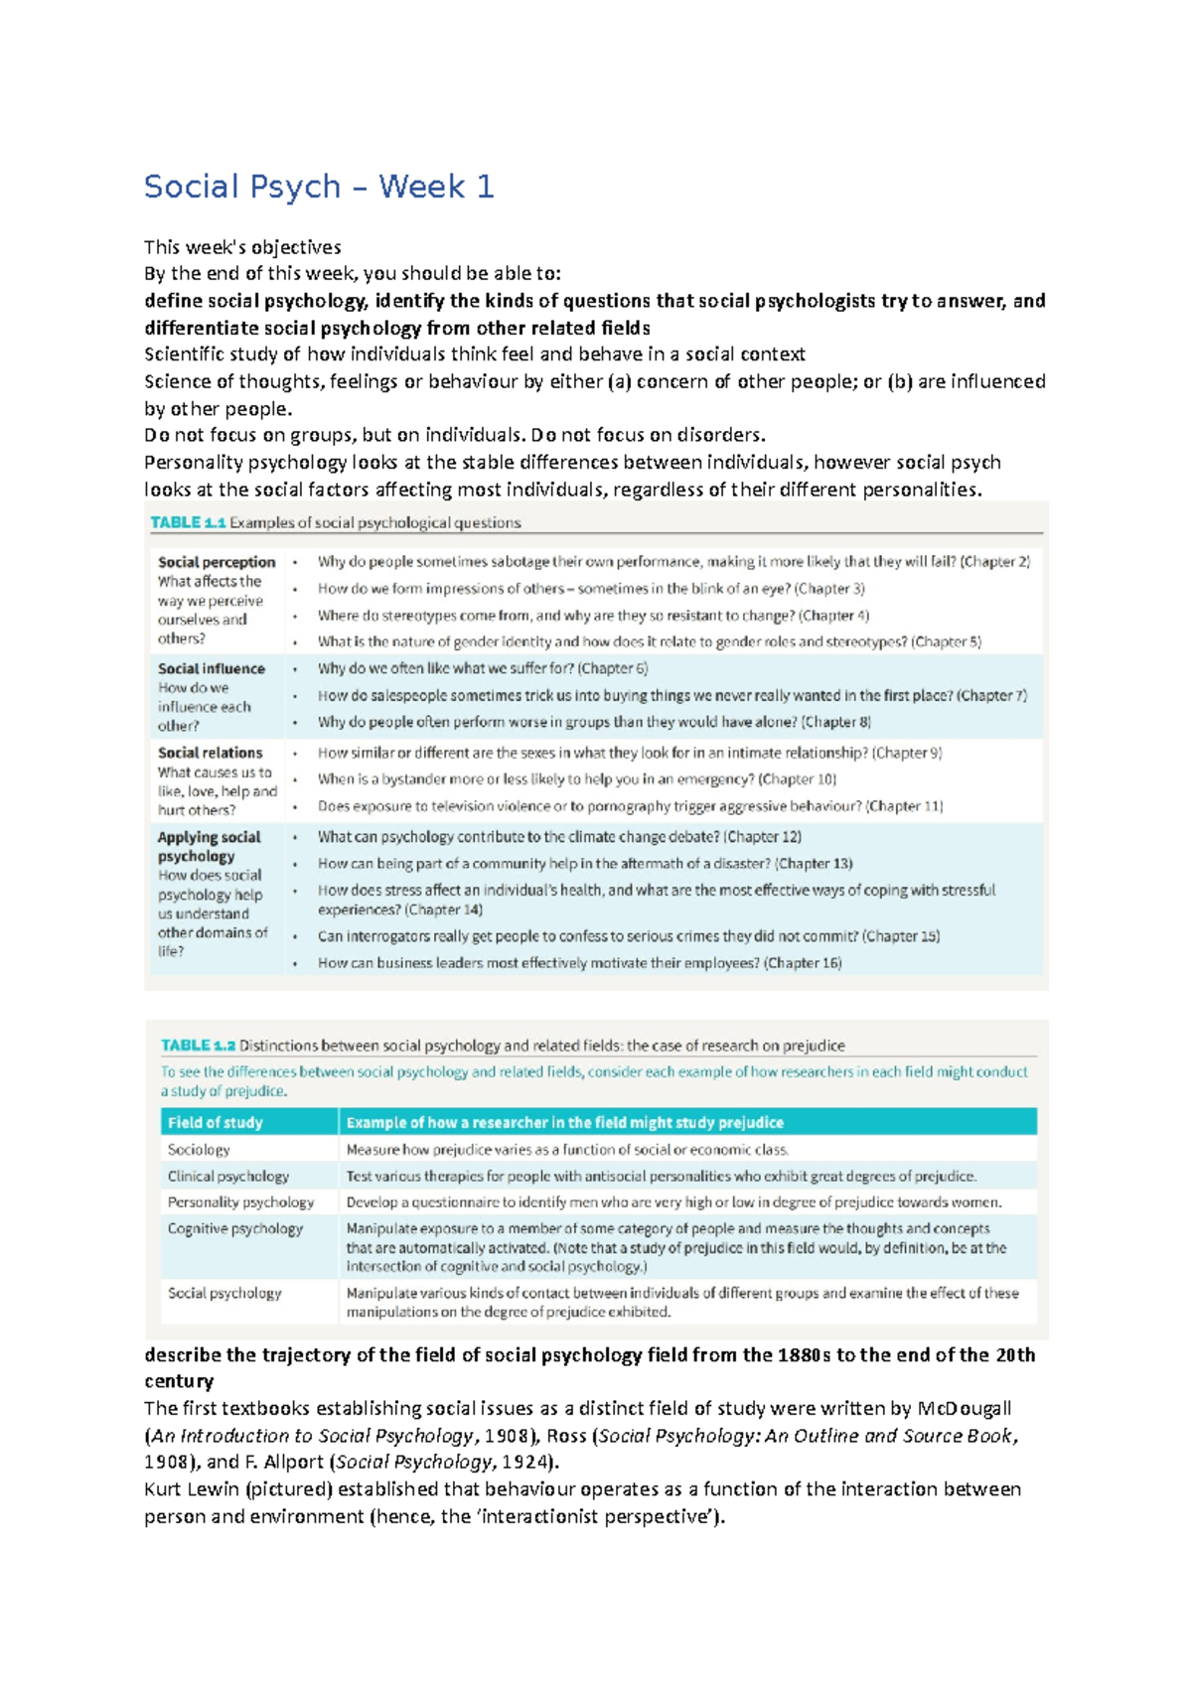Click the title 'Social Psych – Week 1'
pyautogui.click(x=319, y=187)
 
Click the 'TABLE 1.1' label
pyautogui.click(x=188, y=522)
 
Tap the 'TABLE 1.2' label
pyautogui.click(x=198, y=1046)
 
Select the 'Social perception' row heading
pyautogui.click(x=217, y=562)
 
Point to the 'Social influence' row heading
pyautogui.click(x=212, y=669)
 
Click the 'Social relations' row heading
pyautogui.click(x=211, y=753)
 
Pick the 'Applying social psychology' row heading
pyautogui.click(x=210, y=846)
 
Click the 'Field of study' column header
pyautogui.click(x=216, y=1122)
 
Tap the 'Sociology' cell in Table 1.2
pyautogui.click(x=199, y=1149)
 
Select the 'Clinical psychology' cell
pyautogui.click(x=228, y=1176)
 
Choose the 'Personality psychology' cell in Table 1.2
pyautogui.click(x=240, y=1202)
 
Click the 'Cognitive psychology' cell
pyautogui.click(x=235, y=1228)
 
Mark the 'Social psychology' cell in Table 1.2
pyautogui.click(x=224, y=1293)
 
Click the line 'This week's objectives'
pyautogui.click(x=242, y=247)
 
